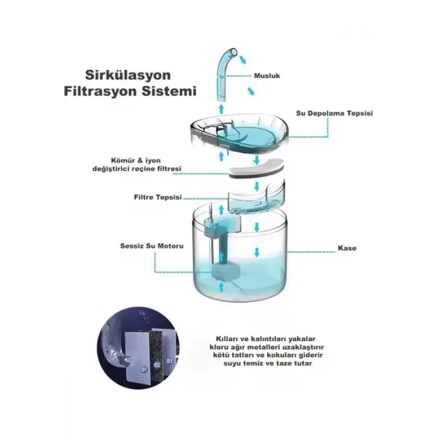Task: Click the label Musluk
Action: pyautogui.click(x=267, y=76)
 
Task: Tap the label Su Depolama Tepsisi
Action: pyautogui.click(x=334, y=113)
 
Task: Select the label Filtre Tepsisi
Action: pyautogui.click(x=158, y=197)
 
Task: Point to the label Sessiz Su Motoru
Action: pyautogui.click(x=152, y=246)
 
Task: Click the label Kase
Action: pyautogui.click(x=347, y=248)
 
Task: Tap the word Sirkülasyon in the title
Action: pyautogui.click(x=128, y=75)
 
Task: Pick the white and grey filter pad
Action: pyautogui.click(x=256, y=169)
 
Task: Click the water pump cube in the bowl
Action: pyautogui.click(x=226, y=272)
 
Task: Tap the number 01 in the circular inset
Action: pyautogui.click(x=144, y=370)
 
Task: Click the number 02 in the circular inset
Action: pyautogui.click(x=157, y=365)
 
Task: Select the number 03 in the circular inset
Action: pyautogui.click(x=169, y=361)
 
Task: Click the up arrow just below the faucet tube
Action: pyautogui.click(x=221, y=109)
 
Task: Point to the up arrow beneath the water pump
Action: pyautogui.click(x=222, y=287)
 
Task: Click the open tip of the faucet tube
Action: pyautogui.click(x=234, y=52)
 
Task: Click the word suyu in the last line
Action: pyautogui.click(x=232, y=363)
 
